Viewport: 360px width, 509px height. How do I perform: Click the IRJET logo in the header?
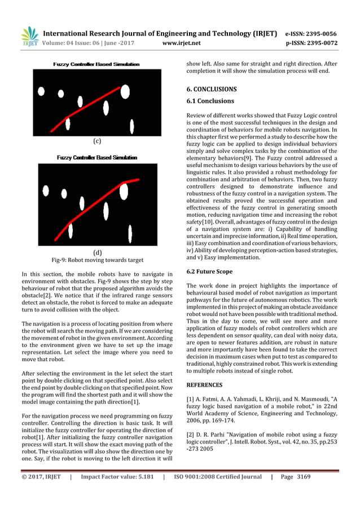[x=29, y=36]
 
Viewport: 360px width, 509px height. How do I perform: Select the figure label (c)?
[x=96, y=141]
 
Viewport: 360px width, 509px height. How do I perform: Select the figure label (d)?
[x=96, y=252]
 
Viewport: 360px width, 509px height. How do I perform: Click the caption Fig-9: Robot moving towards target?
[x=97, y=260]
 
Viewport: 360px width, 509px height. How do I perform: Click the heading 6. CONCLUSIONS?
[x=212, y=89]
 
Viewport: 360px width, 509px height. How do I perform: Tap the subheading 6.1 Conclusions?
[x=210, y=101]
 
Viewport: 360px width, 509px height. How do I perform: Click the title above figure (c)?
[x=96, y=64]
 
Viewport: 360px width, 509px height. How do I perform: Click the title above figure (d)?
[x=96, y=157]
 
